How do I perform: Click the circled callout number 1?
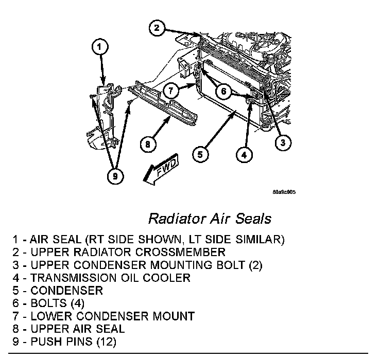coord(100,48)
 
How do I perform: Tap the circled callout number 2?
coord(158,27)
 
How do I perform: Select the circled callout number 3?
coord(280,143)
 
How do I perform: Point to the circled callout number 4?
coord(245,153)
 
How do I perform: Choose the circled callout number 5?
coord(202,153)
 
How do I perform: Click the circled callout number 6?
coord(223,91)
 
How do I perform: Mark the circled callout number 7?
coord(172,91)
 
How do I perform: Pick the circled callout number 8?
coord(148,145)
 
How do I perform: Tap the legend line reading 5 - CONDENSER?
coord(58,290)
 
